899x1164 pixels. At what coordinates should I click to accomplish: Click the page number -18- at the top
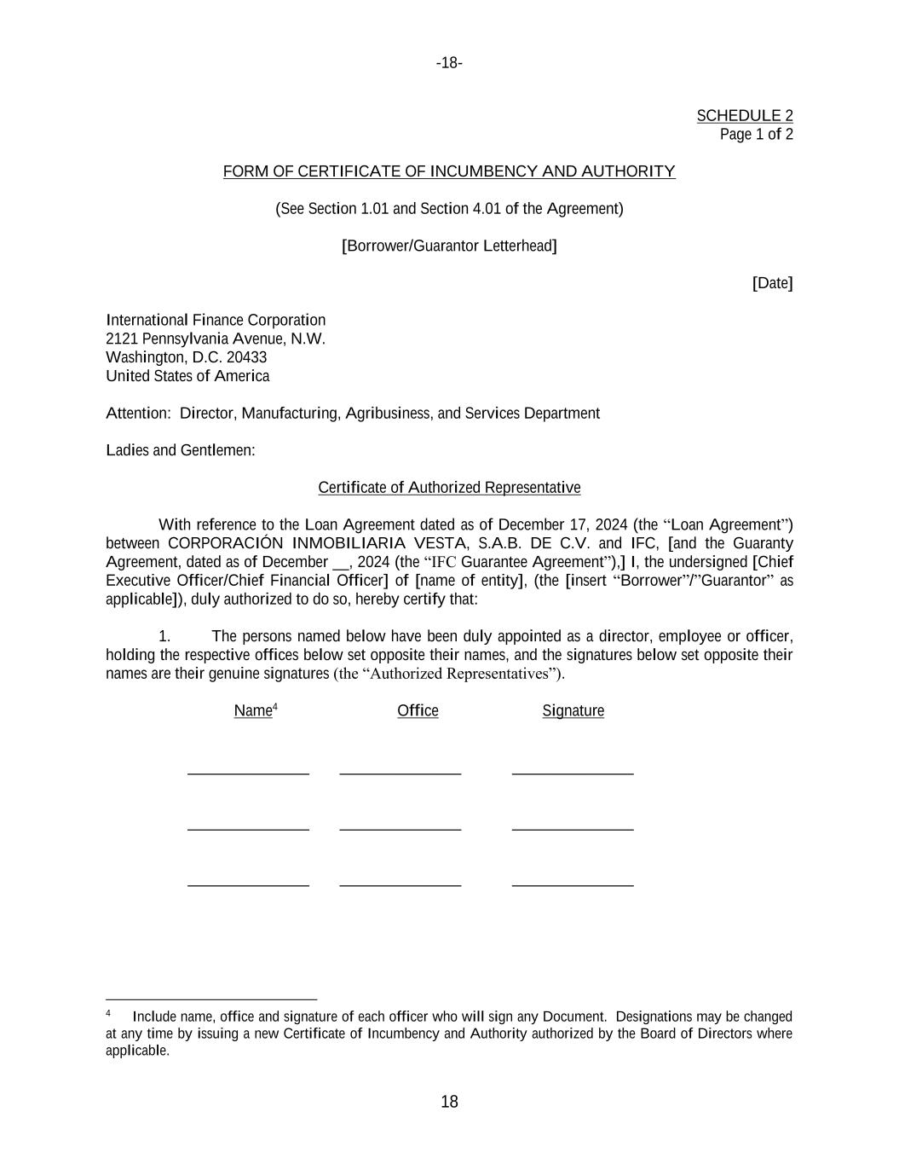point(449,63)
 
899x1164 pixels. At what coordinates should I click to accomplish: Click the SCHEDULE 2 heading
point(744,116)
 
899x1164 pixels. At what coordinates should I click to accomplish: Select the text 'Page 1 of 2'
point(756,135)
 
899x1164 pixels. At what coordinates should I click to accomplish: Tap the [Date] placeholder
point(772,283)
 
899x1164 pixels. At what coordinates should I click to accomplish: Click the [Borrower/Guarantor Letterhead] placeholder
point(449,246)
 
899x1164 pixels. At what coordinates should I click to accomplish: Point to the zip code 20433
point(246,357)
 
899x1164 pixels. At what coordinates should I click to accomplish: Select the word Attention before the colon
point(136,414)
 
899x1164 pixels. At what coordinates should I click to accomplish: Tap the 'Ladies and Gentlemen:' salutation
point(181,450)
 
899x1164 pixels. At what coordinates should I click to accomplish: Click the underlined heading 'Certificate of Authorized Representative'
point(449,488)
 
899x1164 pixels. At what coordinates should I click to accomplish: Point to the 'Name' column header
point(253,711)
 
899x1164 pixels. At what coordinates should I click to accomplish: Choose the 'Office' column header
point(418,711)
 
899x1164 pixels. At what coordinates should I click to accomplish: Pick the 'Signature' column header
point(573,711)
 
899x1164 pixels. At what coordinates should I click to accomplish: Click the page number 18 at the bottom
point(449,1102)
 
